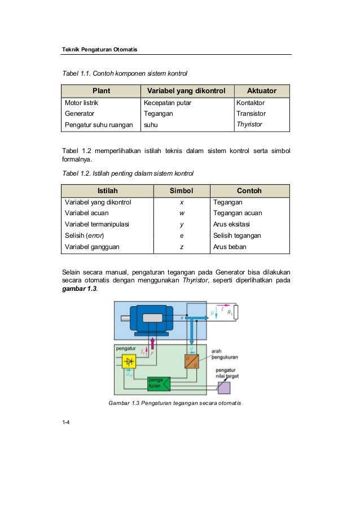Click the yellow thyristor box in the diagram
(x=129, y=361)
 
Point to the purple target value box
(x=224, y=387)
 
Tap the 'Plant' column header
(x=102, y=90)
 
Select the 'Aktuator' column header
(x=261, y=90)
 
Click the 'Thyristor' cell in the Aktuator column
(x=249, y=124)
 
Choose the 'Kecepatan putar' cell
(x=168, y=103)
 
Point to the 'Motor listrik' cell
(x=82, y=103)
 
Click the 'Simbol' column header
(x=181, y=191)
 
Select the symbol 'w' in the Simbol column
(x=182, y=213)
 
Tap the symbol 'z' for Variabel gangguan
(x=182, y=247)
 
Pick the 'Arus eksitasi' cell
(x=231, y=224)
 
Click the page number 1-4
(x=66, y=422)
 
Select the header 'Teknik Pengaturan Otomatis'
(x=99, y=50)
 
